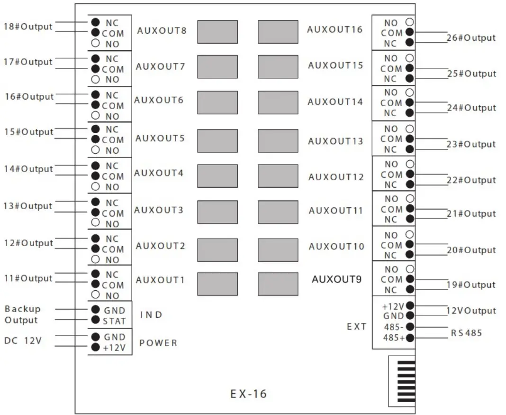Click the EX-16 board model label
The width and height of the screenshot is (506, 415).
click(x=248, y=394)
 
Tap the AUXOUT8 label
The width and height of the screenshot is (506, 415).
click(x=162, y=31)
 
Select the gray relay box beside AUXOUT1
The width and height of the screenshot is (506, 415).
click(x=217, y=284)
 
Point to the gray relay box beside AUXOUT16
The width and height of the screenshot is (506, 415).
click(x=278, y=32)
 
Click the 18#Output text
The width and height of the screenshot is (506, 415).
click(x=28, y=27)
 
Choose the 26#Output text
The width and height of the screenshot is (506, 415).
click(x=471, y=38)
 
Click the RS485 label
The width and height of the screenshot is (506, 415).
click(x=466, y=333)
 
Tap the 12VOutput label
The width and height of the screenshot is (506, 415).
click(x=471, y=311)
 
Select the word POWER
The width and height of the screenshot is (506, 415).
click(x=158, y=343)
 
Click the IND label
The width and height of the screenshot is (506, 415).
click(x=151, y=315)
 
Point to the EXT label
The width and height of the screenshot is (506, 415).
click(x=356, y=326)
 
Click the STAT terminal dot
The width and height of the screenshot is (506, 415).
click(x=95, y=321)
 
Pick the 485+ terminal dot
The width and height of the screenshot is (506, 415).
click(x=410, y=338)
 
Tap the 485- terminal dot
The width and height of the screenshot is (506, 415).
click(x=410, y=327)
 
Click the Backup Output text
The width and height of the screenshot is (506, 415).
click(x=22, y=314)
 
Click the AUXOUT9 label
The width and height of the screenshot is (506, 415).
click(x=336, y=279)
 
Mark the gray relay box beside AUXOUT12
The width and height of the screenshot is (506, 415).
click(x=278, y=176)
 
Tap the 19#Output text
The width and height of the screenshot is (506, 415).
click(x=471, y=285)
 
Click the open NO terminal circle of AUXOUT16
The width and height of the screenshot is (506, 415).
click(x=410, y=22)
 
